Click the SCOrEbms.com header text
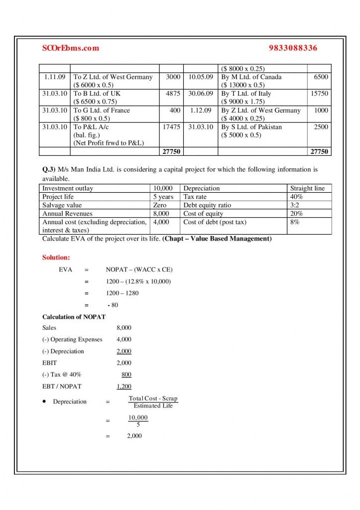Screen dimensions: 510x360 point(71,48)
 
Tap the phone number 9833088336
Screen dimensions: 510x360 point(293,48)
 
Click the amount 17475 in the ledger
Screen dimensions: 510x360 point(171,127)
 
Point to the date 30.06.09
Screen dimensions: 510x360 point(201,94)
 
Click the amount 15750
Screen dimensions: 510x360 point(319,94)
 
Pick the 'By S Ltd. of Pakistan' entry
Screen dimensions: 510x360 point(251,127)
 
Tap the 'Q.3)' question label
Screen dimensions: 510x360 point(48,169)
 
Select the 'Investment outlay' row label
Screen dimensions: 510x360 point(68,188)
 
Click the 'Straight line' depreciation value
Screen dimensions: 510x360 point(307,188)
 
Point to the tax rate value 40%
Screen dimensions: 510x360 point(297,197)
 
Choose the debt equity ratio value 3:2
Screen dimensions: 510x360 point(295,205)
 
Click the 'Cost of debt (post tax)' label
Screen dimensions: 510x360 point(214,222)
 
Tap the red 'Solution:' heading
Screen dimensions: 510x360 point(56,257)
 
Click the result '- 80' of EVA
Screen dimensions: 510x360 point(113,305)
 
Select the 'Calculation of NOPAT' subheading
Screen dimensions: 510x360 point(74,317)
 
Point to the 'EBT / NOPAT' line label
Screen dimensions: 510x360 point(62,386)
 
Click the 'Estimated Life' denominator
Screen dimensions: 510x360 point(153,406)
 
